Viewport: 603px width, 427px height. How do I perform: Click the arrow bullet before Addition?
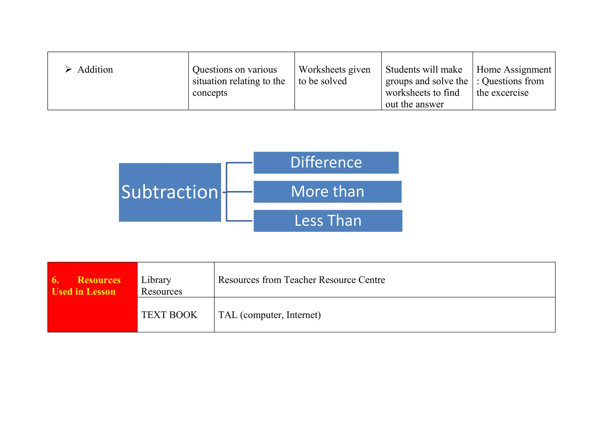coord(68,69)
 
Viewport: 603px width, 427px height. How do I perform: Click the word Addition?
coord(95,70)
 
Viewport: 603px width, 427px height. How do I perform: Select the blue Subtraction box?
coord(170,192)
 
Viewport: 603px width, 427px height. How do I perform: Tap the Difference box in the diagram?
coord(326,162)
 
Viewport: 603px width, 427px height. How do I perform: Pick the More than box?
coord(327,192)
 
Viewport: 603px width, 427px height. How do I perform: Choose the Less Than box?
coord(328,221)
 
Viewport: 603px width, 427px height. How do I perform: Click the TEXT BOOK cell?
coord(169,315)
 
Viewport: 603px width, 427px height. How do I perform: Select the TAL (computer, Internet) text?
coord(269,315)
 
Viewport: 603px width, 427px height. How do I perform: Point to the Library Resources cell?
coord(162,285)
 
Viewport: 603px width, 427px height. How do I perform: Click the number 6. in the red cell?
coord(55,280)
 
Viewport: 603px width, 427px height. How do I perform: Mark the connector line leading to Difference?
coord(239,162)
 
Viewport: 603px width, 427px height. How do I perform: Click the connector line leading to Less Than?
coord(239,221)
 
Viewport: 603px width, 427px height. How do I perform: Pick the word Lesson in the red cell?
coord(101,291)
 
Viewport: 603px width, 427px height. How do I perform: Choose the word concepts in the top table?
coord(210,93)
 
